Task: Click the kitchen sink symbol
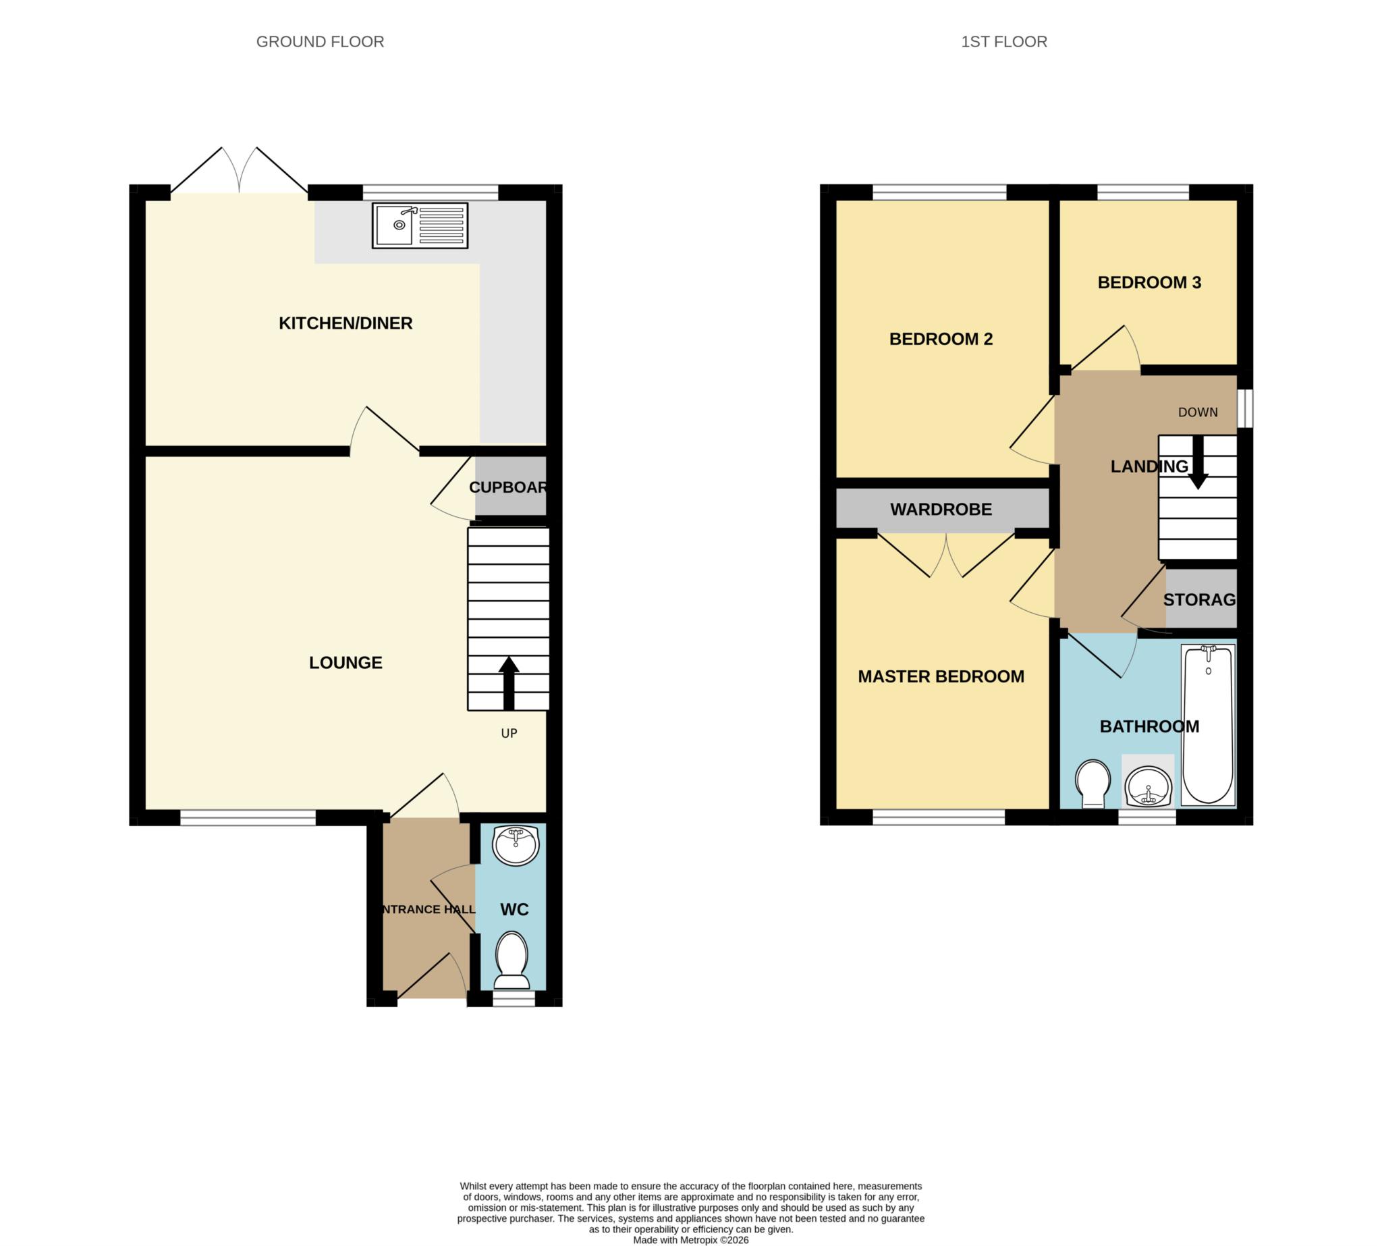click(x=420, y=225)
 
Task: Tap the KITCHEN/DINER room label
click(x=345, y=323)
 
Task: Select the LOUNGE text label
click(x=345, y=662)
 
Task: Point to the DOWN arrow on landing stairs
click(x=1197, y=462)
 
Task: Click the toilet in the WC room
click(x=512, y=960)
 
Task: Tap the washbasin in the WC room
click(x=516, y=846)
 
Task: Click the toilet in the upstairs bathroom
click(x=1092, y=783)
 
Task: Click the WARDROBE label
click(x=941, y=510)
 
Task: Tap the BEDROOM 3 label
click(x=1149, y=283)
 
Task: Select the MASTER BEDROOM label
click(x=941, y=676)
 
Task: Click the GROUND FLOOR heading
click(x=320, y=42)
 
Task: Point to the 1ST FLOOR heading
click(x=1003, y=42)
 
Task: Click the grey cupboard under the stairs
click(x=510, y=487)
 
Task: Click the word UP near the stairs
click(x=509, y=733)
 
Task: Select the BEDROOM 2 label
click(x=941, y=339)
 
